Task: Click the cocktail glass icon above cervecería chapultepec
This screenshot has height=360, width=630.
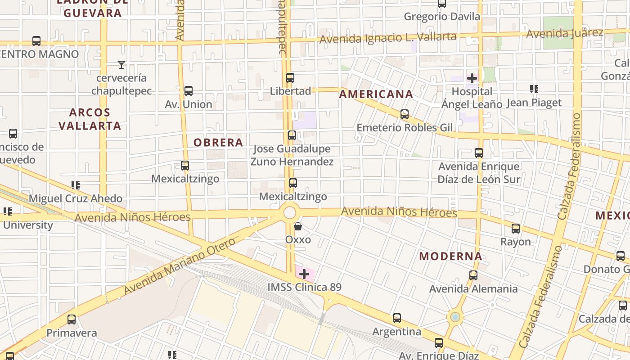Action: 121,65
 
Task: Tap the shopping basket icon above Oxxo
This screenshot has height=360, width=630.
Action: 298,226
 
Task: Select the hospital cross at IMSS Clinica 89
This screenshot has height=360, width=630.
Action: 304,274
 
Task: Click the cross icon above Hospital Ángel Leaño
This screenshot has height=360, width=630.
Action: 472,78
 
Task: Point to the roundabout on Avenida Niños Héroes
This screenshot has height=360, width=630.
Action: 290,212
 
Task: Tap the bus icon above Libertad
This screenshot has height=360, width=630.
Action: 290,78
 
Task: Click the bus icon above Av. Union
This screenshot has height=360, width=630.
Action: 189,91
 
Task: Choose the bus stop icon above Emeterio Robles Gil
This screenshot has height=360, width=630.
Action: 405,114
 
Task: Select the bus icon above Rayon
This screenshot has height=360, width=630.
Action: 516,229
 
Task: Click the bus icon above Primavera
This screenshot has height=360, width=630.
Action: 72,319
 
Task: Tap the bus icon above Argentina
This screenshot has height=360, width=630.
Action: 397,319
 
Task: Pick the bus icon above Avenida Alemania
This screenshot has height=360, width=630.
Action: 473,275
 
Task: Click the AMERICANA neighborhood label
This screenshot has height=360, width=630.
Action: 376,94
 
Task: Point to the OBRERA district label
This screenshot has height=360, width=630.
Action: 218,143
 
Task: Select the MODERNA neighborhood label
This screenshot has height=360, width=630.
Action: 451,256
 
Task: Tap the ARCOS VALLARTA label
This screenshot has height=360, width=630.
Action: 90,119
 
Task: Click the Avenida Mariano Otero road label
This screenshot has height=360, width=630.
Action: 179,266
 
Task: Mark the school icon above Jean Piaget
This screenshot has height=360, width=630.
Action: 534,89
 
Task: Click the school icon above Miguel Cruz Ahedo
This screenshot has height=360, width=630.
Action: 76,185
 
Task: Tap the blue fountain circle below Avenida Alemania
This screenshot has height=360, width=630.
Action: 455,317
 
